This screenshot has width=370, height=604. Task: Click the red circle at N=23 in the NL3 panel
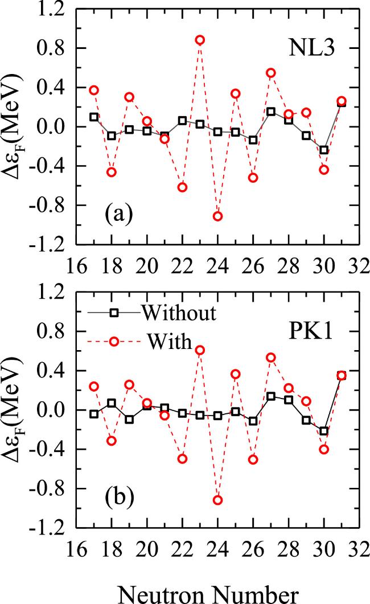pyautogui.click(x=200, y=40)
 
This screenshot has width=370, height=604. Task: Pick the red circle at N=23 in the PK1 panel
pyautogui.click(x=200, y=350)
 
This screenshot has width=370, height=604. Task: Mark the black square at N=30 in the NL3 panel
pyautogui.click(x=324, y=150)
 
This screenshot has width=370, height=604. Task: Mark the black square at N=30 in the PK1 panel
pyautogui.click(x=324, y=431)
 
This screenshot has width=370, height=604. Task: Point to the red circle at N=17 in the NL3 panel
pyautogui.click(x=94, y=90)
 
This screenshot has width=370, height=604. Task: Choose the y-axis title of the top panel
pyautogui.click(x=17, y=126)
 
